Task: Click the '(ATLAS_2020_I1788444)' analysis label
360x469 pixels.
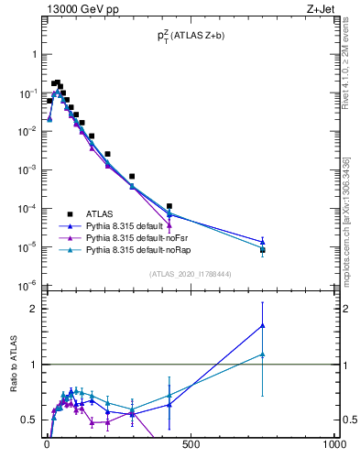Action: pos(189,274)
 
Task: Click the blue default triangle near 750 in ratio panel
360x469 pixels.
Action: pos(263,325)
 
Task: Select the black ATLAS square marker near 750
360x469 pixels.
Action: pos(263,249)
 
